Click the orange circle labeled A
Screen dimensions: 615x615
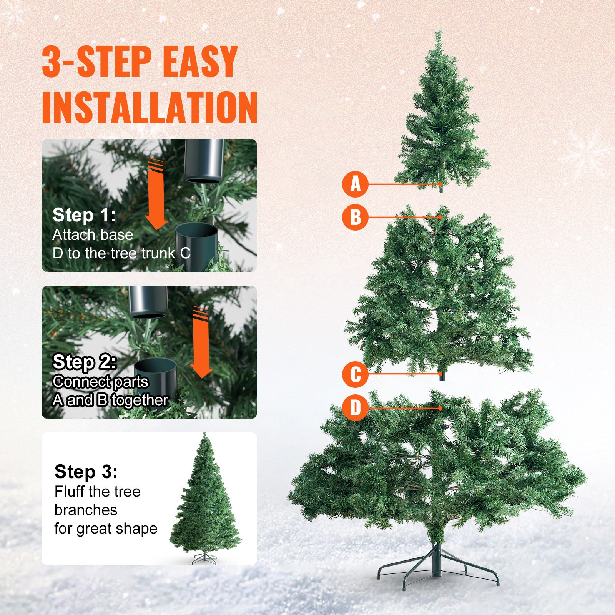click(x=355, y=184)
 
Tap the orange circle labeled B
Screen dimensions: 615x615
click(x=355, y=217)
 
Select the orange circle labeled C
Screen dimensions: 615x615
click(x=355, y=374)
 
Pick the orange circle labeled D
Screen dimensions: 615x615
click(x=355, y=407)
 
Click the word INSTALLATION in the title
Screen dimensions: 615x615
click(x=149, y=107)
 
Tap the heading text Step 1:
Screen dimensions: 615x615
click(x=84, y=215)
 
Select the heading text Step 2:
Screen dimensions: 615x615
click(x=85, y=362)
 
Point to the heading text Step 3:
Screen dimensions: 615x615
click(x=86, y=472)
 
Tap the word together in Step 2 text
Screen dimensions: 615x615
click(x=140, y=401)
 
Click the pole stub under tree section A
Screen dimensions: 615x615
click(x=441, y=188)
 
